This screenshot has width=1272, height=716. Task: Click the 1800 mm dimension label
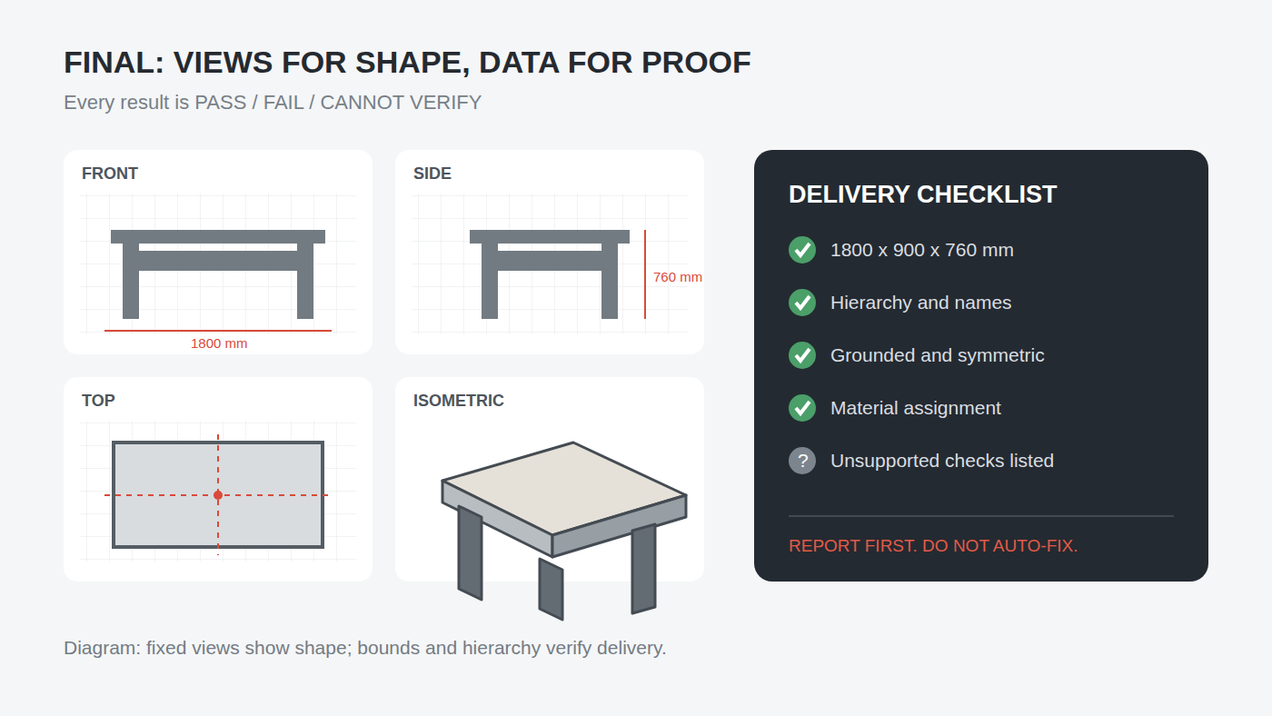[219, 343]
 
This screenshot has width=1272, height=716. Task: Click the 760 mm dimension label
[678, 277]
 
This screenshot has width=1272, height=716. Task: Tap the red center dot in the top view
[218, 495]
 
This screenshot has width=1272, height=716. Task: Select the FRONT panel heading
[110, 174]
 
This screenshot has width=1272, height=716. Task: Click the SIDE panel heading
[432, 174]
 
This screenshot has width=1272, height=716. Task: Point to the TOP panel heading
[98, 401]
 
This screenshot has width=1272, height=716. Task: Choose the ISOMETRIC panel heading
[458, 401]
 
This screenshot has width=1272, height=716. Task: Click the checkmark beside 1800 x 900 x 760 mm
[802, 250]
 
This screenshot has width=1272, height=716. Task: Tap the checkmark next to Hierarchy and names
[802, 303]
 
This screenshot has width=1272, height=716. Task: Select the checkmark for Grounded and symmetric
[802, 355]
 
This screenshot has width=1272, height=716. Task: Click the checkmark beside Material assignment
[802, 408]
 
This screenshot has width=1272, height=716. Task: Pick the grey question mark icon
[802, 461]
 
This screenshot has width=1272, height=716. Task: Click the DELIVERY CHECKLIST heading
[923, 194]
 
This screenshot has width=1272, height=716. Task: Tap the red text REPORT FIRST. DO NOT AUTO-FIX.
[933, 546]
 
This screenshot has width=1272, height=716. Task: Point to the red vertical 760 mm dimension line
[645, 274]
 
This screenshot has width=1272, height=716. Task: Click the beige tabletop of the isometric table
[564, 488]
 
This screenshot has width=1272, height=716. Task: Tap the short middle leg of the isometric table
[551, 590]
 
